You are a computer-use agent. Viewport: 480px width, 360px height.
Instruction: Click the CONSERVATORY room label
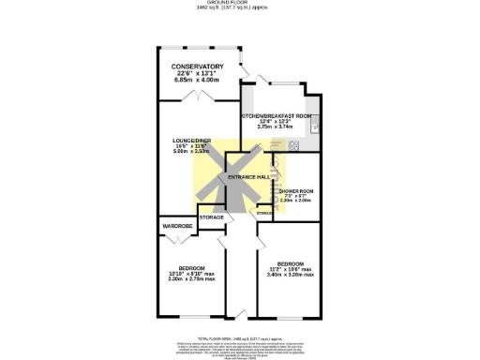point(197,67)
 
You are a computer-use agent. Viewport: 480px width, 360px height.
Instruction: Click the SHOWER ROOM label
point(295,190)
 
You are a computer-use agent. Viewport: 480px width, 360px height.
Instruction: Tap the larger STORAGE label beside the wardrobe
point(212,217)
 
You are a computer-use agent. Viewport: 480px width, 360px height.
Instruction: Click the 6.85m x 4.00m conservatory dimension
point(197,81)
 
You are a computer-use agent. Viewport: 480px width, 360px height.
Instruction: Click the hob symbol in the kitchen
point(293,144)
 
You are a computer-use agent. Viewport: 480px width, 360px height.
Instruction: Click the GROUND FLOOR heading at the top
point(240,4)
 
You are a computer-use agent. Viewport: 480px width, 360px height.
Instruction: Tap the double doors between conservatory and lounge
point(198,97)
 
